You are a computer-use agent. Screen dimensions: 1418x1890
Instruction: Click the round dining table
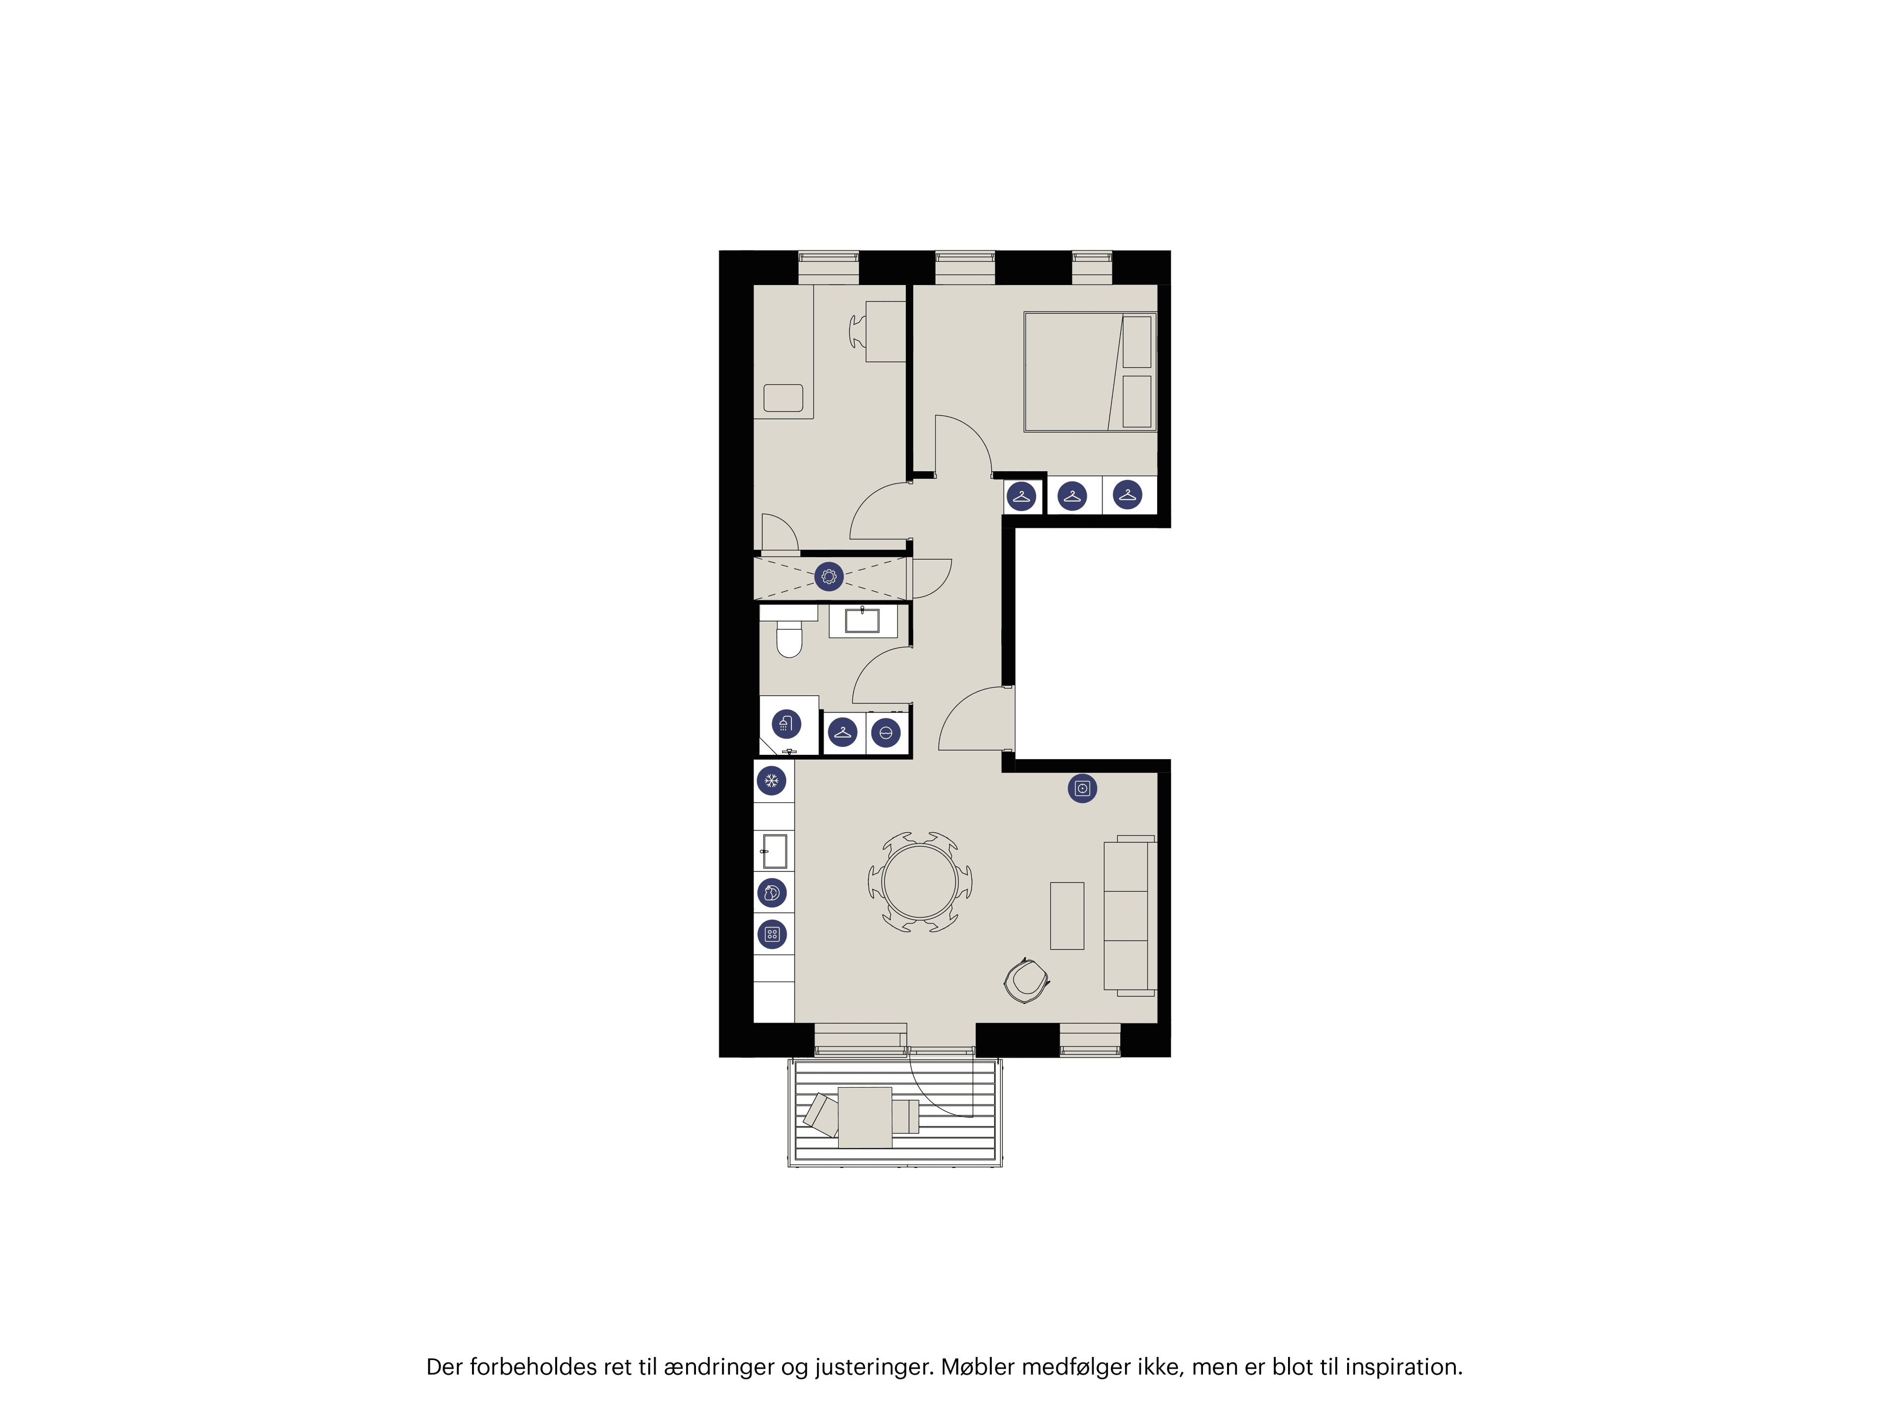[919, 881]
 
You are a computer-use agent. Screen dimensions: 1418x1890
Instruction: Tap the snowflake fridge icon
[772, 780]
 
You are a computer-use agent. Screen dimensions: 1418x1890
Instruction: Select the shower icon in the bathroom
[786, 724]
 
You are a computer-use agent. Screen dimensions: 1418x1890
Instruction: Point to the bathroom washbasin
[862, 620]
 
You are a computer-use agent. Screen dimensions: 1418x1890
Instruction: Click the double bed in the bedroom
[1089, 372]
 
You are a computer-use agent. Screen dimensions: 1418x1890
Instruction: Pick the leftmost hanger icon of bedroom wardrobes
[1021, 496]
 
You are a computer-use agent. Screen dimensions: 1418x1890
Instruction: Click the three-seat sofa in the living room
[1129, 915]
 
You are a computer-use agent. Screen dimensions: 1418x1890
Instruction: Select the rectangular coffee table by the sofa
[1067, 915]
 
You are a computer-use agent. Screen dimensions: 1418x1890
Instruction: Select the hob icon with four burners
[772, 934]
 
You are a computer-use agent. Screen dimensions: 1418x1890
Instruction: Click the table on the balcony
[865, 1116]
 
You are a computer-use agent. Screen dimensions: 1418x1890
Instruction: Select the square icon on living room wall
[1082, 788]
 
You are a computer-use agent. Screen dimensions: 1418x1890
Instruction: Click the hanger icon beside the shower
[843, 733]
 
